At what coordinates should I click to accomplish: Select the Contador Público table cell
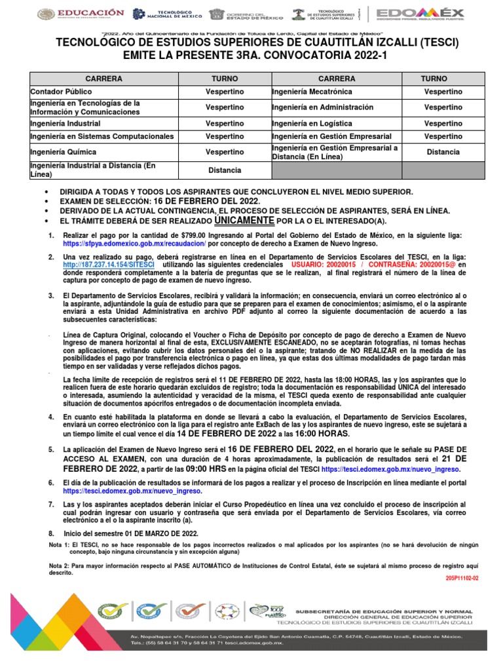tap(62, 92)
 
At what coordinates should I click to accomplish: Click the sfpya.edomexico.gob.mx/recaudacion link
tap(135, 243)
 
